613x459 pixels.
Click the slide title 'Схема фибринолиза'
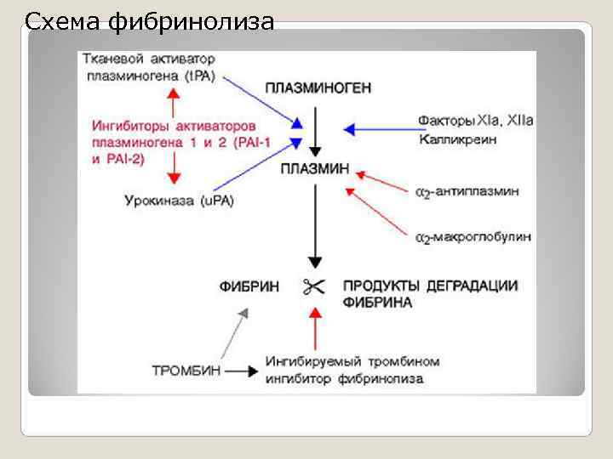click(150, 20)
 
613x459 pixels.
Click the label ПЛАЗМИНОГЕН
click(318, 88)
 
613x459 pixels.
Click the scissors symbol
click(313, 286)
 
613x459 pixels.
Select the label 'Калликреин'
click(453, 138)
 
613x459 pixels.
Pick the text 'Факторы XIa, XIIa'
click(475, 121)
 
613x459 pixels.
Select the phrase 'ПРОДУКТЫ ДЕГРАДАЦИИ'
click(430, 286)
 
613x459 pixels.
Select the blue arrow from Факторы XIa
click(378, 129)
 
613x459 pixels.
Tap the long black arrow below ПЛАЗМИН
click(315, 224)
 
